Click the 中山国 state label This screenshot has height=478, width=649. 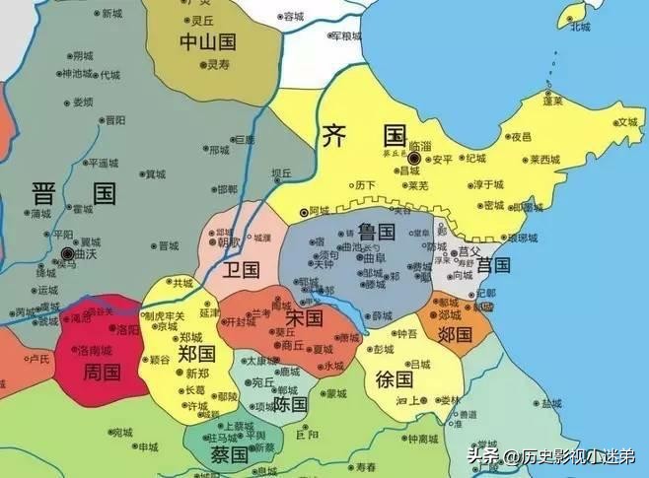point(207,41)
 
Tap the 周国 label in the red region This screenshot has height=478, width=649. point(102,373)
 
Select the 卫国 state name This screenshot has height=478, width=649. point(242,269)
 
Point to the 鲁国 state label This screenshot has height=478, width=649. point(376,233)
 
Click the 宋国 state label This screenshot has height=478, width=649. point(304,318)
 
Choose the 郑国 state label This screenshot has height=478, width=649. point(197,353)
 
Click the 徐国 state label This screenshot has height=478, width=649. point(396,377)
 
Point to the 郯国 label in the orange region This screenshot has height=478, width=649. point(457,334)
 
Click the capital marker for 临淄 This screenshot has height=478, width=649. point(414,158)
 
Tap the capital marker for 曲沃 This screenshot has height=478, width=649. point(65,252)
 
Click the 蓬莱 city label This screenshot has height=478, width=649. point(554,101)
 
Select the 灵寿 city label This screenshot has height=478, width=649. point(218,65)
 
